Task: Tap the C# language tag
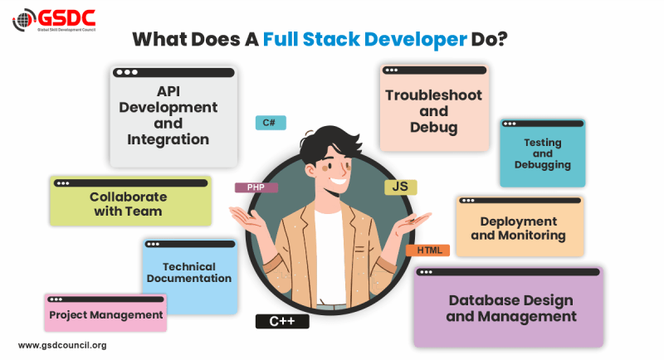coord(271,123)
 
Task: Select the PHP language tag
coord(256,187)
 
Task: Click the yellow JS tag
coord(400,187)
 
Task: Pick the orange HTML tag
coord(428,250)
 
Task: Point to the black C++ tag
coord(282,321)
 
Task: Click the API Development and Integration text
coord(168,115)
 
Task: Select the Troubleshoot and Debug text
coord(433,111)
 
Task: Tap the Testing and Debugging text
coord(542,153)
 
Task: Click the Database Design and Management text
coord(511,308)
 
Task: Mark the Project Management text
coord(105,315)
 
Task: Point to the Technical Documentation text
coord(189,272)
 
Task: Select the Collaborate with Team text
coord(128,204)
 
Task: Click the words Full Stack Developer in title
coord(364,39)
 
